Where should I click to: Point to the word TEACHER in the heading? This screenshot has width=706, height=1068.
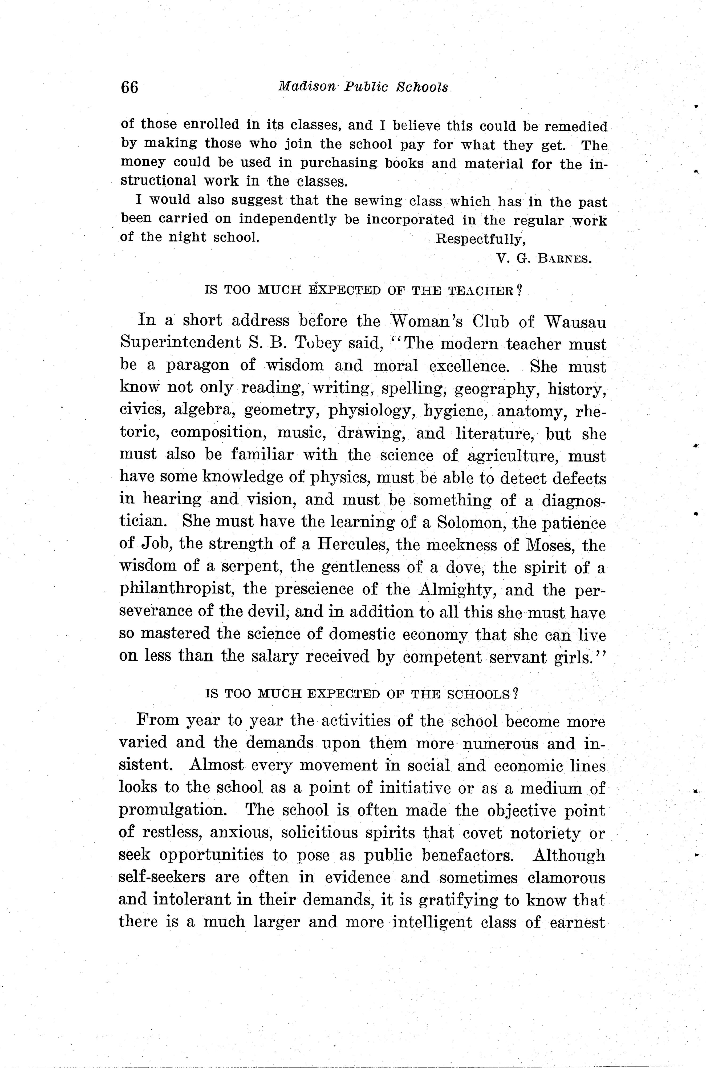pyautogui.click(x=481, y=291)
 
